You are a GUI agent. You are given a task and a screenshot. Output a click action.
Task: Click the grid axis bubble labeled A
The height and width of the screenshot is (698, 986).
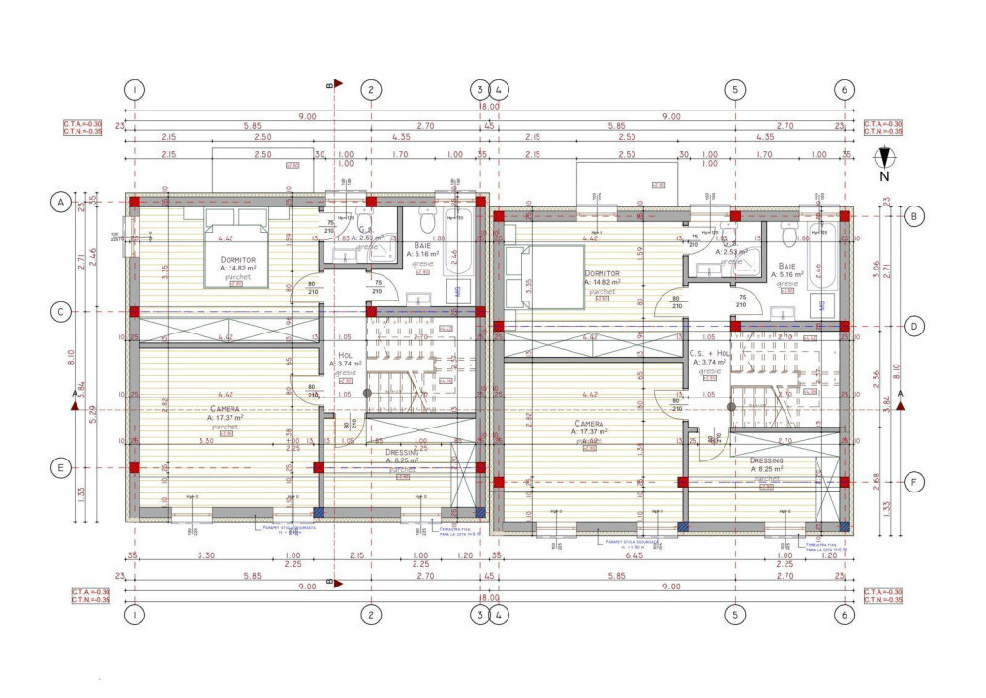(60, 202)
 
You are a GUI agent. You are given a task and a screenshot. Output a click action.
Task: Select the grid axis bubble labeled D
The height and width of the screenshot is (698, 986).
(913, 326)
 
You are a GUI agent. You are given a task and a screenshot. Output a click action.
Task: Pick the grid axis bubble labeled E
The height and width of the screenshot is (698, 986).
(60, 467)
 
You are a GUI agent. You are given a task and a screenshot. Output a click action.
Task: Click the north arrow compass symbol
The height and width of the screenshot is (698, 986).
(884, 160)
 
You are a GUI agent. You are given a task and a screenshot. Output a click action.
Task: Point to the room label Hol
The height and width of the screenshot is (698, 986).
(345, 356)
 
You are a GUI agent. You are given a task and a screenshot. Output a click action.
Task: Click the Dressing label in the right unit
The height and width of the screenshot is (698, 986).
(766, 461)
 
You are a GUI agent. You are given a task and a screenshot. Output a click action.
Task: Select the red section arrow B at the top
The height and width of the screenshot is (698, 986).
(333, 85)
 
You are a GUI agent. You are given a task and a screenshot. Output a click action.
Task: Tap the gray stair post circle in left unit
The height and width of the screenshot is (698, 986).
(367, 393)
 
